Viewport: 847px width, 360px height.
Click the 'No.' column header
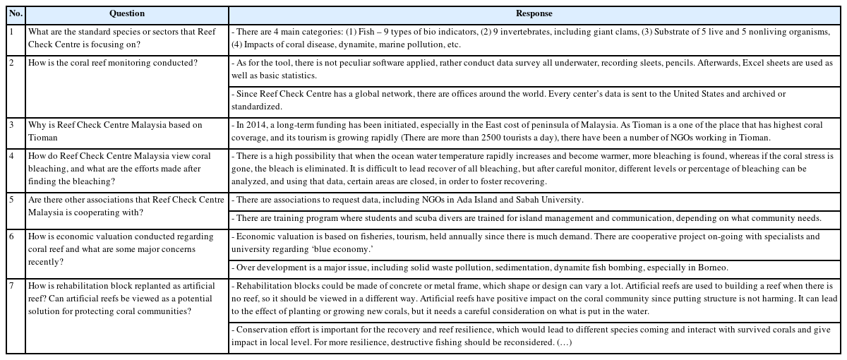point(16,13)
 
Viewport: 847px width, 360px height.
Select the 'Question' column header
point(127,13)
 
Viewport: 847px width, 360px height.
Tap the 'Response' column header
point(534,13)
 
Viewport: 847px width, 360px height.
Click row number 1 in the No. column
point(11,32)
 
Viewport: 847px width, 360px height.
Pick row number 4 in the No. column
point(11,156)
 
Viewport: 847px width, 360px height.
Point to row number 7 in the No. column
point(11,287)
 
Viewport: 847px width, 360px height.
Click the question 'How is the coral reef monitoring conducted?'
point(113,63)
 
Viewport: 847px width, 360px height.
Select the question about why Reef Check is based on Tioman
point(115,131)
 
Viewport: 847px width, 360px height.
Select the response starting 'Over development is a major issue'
point(480,268)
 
